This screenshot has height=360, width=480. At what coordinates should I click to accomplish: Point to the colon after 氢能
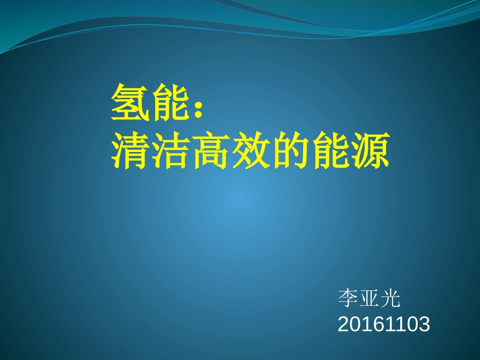click(199, 109)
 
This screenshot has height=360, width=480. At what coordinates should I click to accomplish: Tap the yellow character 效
click(251, 150)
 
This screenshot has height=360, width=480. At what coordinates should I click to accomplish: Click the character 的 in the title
click(291, 150)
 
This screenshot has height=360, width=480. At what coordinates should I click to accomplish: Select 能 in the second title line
click(331, 150)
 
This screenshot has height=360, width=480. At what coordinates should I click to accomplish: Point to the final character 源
click(371, 150)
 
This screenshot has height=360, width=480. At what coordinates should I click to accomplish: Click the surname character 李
click(348, 297)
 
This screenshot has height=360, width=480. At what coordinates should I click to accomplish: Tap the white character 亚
click(369, 297)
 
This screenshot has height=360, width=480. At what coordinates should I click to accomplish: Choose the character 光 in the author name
click(390, 297)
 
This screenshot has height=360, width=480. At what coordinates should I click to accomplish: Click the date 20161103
click(384, 324)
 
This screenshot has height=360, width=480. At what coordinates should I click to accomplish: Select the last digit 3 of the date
click(424, 324)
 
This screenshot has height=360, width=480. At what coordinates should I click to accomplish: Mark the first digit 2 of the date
click(344, 324)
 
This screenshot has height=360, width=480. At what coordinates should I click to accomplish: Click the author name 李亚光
click(369, 297)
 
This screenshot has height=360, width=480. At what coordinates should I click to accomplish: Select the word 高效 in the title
click(231, 150)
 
